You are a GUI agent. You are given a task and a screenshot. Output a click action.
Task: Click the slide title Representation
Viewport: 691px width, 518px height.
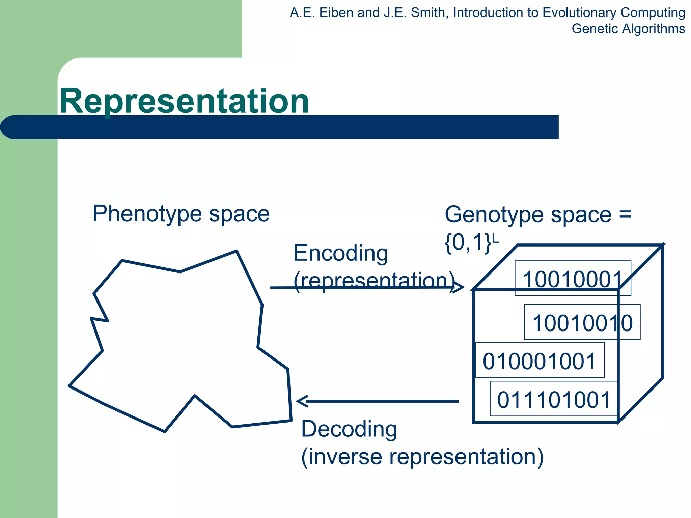coord(184,101)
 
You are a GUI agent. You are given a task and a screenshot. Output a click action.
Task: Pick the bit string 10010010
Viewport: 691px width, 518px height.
coord(582,323)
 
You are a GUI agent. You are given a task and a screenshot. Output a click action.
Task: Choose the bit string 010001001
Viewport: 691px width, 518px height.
coord(540,361)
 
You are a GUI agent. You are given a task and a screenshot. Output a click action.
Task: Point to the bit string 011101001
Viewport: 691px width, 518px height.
coord(554,400)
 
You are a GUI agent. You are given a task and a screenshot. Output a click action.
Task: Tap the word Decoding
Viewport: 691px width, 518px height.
coord(349,429)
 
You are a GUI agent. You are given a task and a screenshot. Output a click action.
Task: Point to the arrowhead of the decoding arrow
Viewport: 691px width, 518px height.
coord(301,401)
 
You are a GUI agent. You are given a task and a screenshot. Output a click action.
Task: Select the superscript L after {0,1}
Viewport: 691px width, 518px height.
coord(495,238)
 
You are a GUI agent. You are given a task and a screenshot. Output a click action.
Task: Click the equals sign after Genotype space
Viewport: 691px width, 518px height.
coord(625,214)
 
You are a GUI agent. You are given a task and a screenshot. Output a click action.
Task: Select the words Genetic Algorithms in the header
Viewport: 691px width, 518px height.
coord(628,29)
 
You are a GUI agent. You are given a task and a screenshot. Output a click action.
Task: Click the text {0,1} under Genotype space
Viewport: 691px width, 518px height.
coord(468,243)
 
